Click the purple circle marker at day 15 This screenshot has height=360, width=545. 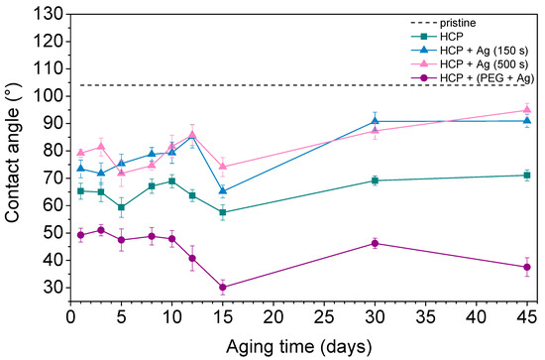[x=223, y=288]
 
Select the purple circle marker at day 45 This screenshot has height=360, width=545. [x=527, y=267]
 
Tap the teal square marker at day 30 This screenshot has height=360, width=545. [x=375, y=180]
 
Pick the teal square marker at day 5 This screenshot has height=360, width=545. [x=121, y=207]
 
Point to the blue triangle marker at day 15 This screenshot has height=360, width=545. [x=223, y=190]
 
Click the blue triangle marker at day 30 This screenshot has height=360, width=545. [x=375, y=121]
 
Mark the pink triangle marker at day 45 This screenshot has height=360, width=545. [x=527, y=110]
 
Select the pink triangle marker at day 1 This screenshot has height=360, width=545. [x=80, y=153]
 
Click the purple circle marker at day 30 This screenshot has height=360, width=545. [x=375, y=244]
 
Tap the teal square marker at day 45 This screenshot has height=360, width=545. [x=527, y=176]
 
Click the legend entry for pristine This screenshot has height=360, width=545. [x=458, y=23]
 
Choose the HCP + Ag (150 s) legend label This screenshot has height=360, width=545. [x=485, y=51]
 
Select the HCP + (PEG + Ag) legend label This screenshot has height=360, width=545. [x=487, y=78]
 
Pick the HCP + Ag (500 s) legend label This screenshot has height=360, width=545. [x=485, y=64]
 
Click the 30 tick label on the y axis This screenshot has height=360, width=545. [x=54, y=288]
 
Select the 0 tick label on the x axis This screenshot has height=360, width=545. [x=71, y=317]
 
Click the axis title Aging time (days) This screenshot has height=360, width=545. [x=299, y=347]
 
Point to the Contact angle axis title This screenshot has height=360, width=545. [x=12, y=153]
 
